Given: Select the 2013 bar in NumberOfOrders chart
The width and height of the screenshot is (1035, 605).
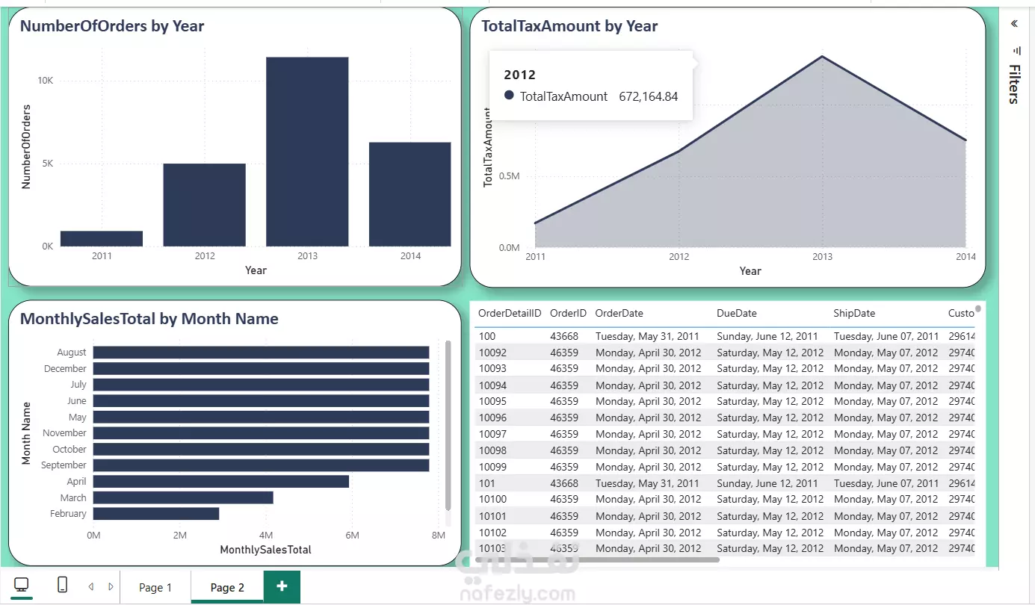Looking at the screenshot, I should click(307, 152).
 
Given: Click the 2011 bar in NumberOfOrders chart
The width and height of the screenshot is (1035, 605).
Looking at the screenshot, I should click(102, 238).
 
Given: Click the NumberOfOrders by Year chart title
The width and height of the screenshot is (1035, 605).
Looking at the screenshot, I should click(112, 26).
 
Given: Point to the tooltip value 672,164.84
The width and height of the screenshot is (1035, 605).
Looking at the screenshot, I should click(649, 96).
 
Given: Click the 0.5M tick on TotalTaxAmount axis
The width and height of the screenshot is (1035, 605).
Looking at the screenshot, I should click(508, 176).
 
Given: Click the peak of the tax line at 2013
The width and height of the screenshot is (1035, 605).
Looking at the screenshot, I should click(822, 57).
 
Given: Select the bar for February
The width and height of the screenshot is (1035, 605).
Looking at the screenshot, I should click(155, 514).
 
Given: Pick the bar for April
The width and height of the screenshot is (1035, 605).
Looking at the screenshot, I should click(220, 482).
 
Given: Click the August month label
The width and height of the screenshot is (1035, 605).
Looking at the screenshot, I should click(72, 353).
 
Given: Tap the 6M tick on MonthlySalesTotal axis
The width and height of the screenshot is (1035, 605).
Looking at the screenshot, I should click(352, 536).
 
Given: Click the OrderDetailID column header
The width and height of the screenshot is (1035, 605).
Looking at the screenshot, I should click(510, 314).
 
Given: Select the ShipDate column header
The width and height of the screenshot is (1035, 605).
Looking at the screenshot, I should click(854, 314).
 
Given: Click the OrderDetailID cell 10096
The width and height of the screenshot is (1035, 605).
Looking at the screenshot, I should click(492, 418).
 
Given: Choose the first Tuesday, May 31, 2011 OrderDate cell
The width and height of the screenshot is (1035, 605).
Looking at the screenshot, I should click(647, 337).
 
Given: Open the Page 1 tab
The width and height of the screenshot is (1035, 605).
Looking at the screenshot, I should click(155, 588).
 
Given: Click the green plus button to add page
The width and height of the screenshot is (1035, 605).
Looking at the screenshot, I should click(282, 586).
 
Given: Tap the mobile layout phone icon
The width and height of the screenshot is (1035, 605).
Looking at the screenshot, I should click(62, 586).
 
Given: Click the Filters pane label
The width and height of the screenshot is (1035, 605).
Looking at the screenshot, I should click(1014, 84).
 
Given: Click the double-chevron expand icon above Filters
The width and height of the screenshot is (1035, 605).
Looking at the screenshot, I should click(1014, 23).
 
